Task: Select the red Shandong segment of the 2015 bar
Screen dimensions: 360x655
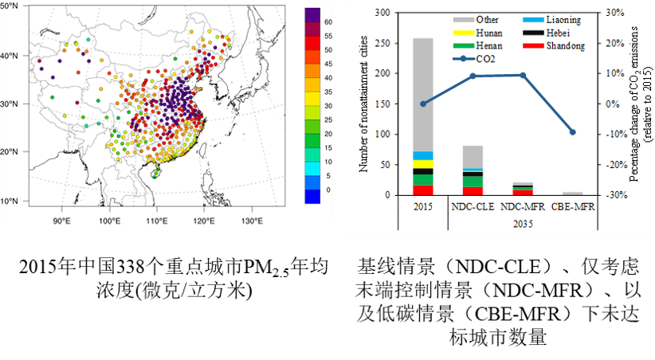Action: click(422, 190)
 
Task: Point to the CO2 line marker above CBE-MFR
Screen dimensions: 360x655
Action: click(571, 132)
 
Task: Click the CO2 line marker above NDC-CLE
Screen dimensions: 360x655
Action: click(473, 76)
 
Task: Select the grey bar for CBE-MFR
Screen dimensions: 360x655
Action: click(571, 194)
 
